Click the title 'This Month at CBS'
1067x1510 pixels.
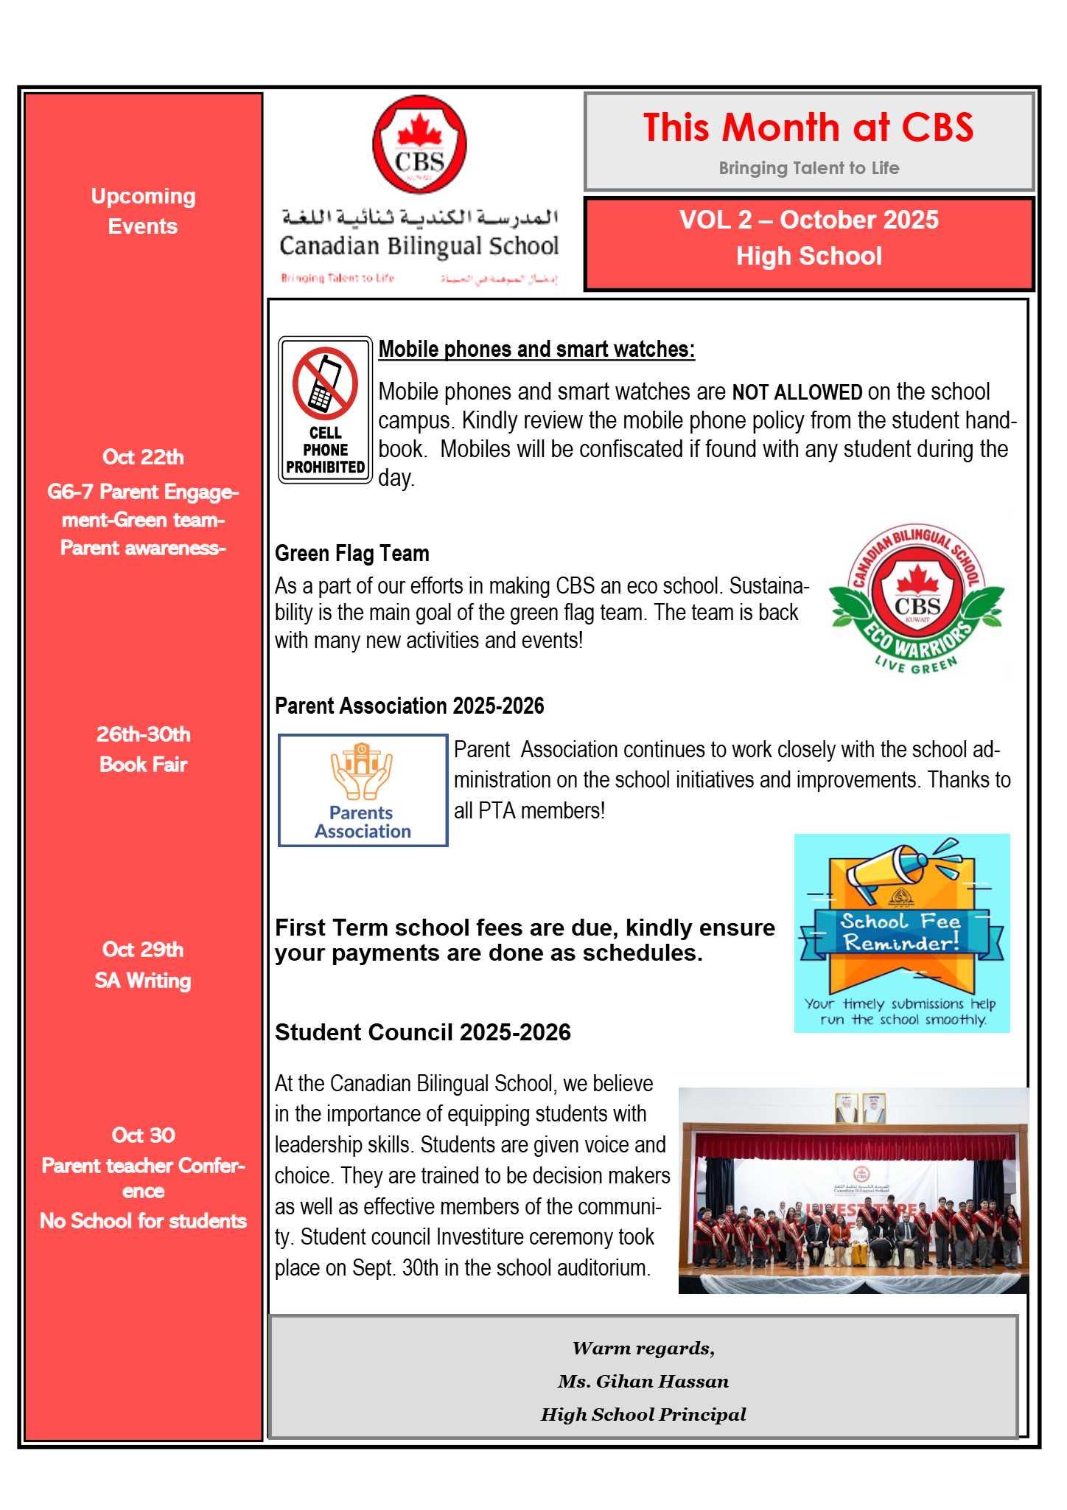click(x=808, y=128)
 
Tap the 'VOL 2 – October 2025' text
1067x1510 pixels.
click(x=808, y=220)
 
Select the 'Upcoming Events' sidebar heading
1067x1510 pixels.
click(x=143, y=212)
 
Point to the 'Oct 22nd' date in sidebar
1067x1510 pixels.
click(x=143, y=457)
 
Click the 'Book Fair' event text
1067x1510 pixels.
click(x=143, y=765)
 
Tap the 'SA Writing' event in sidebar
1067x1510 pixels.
click(x=143, y=981)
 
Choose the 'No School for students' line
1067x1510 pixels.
click(x=143, y=1221)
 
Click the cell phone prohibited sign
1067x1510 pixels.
click(x=325, y=410)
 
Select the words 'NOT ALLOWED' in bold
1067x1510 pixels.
click(x=797, y=392)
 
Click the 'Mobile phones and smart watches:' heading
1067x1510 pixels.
click(x=536, y=349)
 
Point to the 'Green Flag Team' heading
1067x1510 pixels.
click(x=352, y=554)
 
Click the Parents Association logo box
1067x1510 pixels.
click(x=363, y=790)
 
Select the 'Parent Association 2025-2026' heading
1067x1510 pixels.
click(x=410, y=706)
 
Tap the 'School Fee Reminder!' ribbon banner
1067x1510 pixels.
click(x=900, y=933)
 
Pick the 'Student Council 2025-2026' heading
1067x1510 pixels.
click(x=423, y=1032)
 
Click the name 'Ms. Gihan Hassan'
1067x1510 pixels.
click(x=643, y=1382)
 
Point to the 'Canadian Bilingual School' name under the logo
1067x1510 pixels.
click(x=419, y=246)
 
